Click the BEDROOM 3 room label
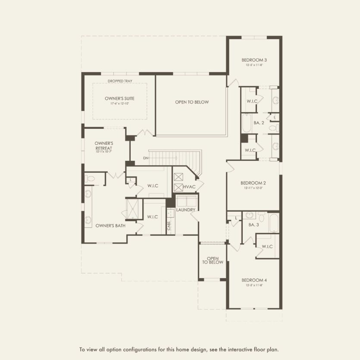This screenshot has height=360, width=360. point(254,59)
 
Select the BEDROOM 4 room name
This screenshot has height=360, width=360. point(254,279)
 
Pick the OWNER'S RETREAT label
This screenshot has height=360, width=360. point(104,145)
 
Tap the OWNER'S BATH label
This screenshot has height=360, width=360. point(107,225)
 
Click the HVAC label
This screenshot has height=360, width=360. point(189,186)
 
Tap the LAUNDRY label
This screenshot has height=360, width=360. point(186,210)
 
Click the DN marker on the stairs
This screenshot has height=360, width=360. point(146,158)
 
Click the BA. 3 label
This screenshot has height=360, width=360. point(253,225)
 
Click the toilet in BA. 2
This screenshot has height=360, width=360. point(273,128)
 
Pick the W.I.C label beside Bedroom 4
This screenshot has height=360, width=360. point(267,246)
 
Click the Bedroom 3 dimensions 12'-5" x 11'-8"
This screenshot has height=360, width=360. point(254,65)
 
